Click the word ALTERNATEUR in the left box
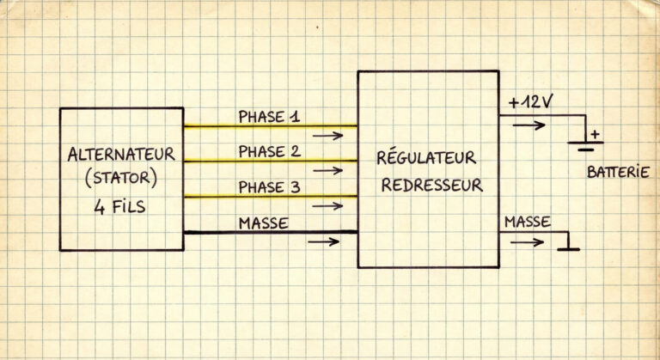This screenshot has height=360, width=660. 120,156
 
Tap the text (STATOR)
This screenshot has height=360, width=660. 120,180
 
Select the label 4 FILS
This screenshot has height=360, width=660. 120,206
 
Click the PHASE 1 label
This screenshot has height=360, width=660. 269,116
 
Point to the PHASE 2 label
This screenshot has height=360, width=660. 269,152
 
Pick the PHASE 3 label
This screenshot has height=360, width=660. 269,187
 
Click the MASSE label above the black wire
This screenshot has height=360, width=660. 263,223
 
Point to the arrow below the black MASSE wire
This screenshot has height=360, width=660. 323,241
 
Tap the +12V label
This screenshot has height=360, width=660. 530,101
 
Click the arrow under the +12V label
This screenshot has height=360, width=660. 528,125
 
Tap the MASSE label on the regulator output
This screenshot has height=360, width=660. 528,222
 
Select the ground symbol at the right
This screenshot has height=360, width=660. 568,248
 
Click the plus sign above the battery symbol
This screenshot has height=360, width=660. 594,133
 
